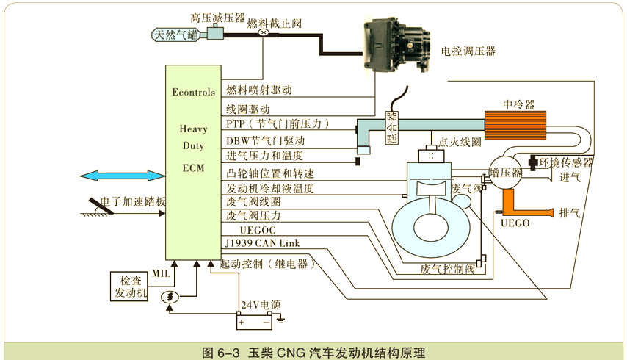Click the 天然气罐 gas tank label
coord(175,34)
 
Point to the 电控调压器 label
coord(468,51)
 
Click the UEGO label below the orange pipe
coord(515,223)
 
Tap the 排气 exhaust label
coord(570,213)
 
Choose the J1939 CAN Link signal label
coord(263,242)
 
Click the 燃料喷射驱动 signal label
coord(259,90)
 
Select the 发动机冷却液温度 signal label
coord(270,188)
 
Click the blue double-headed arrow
coord(123,175)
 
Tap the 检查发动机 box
coord(129,287)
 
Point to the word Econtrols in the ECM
coord(193,92)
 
